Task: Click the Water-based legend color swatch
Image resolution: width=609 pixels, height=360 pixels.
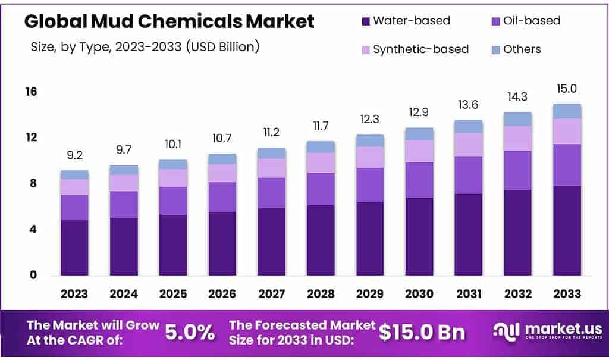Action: click(366, 21)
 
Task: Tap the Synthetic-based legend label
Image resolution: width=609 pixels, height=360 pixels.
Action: click(420, 49)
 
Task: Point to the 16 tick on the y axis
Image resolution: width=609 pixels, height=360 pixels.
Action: click(31, 92)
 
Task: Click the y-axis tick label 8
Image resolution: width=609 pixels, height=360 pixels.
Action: click(33, 183)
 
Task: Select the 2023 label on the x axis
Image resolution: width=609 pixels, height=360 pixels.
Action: click(74, 294)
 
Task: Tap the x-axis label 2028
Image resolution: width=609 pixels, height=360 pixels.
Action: click(321, 294)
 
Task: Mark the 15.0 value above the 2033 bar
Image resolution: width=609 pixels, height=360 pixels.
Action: click(567, 89)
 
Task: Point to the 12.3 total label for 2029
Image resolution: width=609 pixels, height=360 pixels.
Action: click(370, 120)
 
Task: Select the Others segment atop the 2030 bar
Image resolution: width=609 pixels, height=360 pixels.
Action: click(419, 133)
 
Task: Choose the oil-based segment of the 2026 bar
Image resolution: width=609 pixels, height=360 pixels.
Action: click(222, 197)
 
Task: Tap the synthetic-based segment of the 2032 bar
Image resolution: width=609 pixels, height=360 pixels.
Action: click(517, 138)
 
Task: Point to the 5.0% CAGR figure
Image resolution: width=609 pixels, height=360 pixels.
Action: click(189, 332)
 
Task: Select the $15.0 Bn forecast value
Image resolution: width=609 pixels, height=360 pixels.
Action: click(423, 332)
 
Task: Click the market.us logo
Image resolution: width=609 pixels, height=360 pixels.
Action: click(547, 331)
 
